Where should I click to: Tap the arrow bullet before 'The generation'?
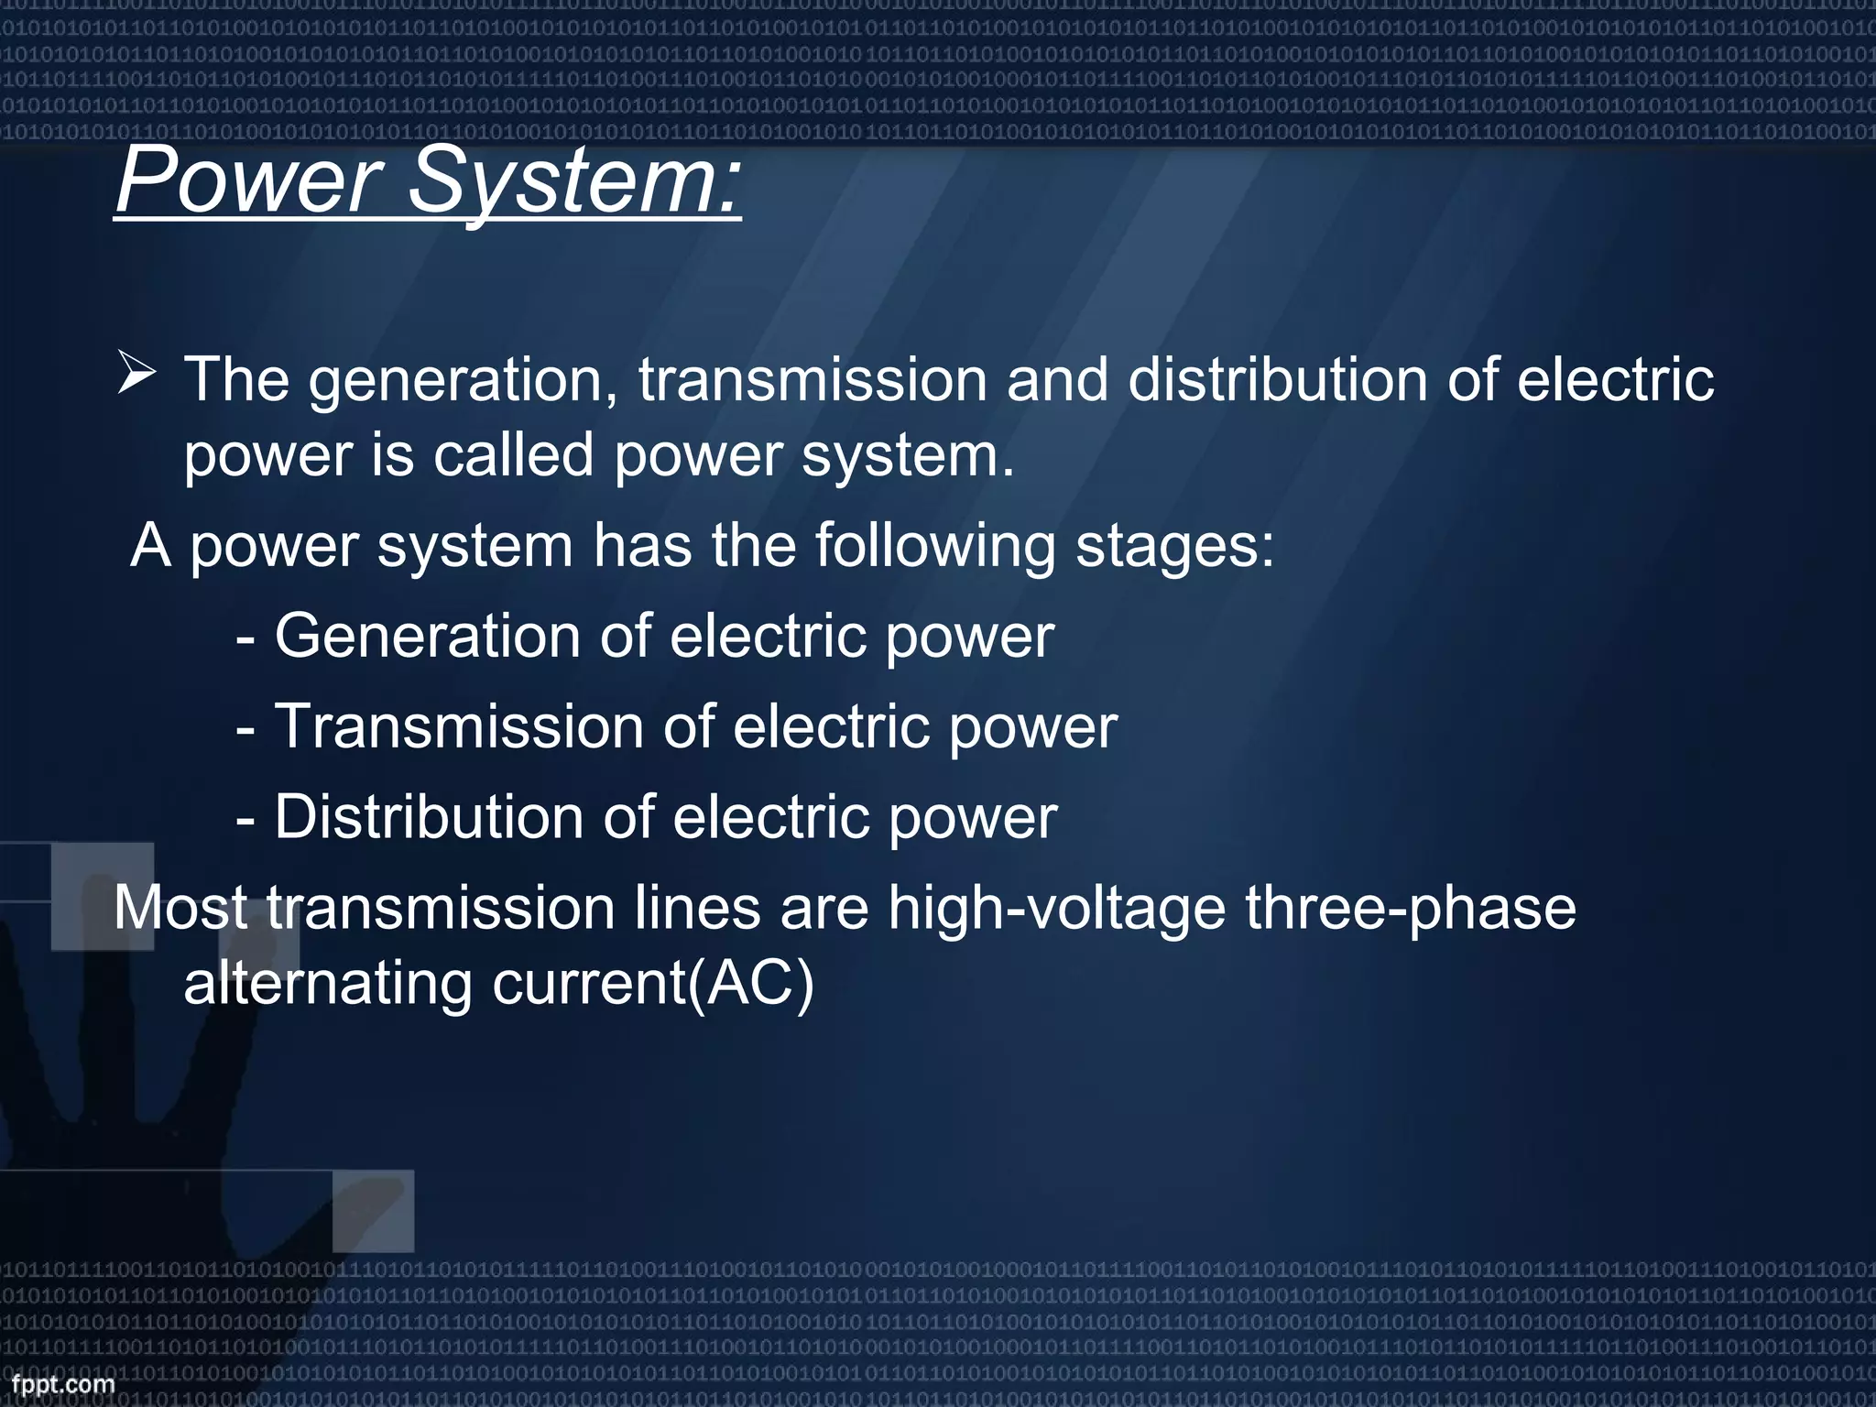coord(136,375)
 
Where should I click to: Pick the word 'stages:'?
coord(1174,546)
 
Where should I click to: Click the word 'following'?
coord(935,548)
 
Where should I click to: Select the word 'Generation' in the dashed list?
coord(427,636)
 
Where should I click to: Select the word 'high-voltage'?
coord(1056,910)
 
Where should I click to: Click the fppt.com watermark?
coord(62,1383)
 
